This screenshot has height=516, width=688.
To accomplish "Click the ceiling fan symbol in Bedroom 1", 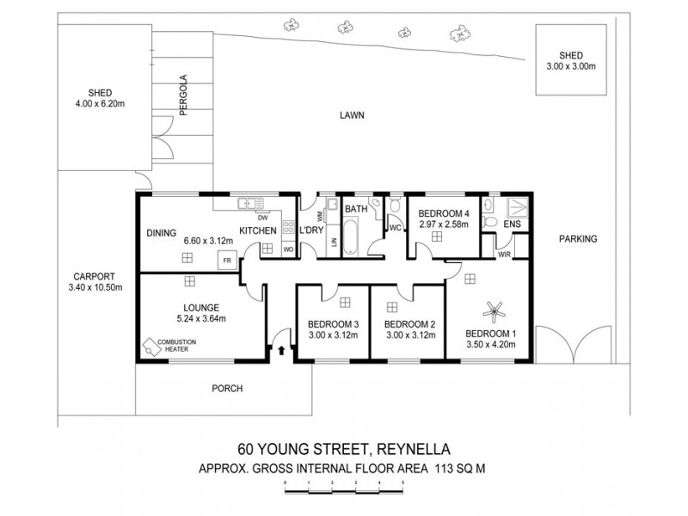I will (x=494, y=310).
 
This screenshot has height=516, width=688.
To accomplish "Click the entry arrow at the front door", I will (x=280, y=350).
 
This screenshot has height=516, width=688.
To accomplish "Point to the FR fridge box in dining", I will (x=227, y=260).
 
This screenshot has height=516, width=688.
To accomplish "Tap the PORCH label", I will (x=227, y=389).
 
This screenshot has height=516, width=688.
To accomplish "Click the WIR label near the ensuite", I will (x=504, y=254).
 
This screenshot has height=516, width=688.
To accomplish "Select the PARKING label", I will (x=576, y=238).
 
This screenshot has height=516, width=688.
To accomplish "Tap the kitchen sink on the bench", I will (x=249, y=204).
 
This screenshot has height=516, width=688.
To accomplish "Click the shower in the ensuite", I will (x=519, y=206).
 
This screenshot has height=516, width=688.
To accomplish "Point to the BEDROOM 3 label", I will (x=332, y=324).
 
